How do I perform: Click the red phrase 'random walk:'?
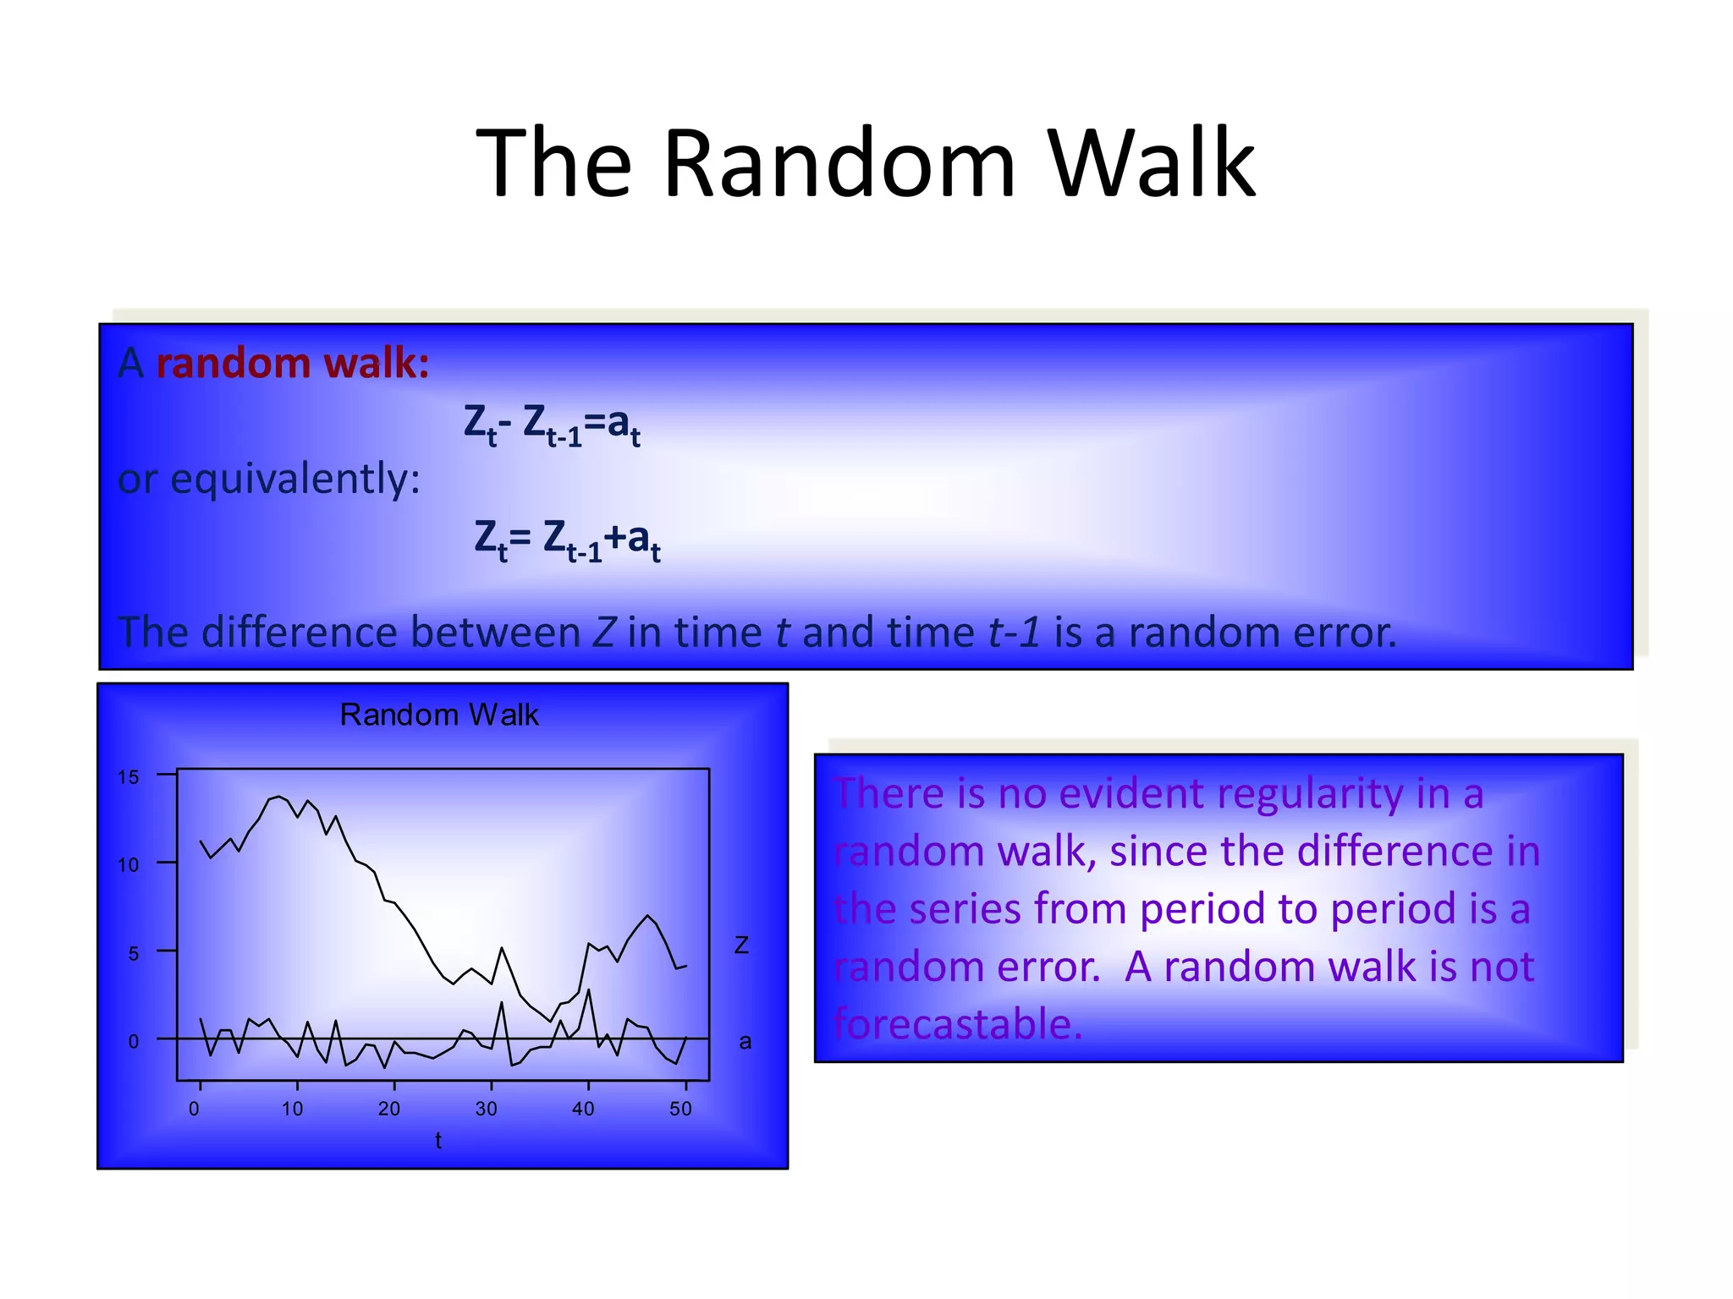(293, 364)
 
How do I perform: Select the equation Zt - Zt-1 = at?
(552, 424)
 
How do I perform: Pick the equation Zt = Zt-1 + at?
(567, 539)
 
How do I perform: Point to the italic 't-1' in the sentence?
(1014, 633)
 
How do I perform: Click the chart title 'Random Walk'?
(438, 715)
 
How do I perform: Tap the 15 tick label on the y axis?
(128, 777)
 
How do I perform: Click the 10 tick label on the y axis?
(128, 865)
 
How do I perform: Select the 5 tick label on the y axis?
(133, 954)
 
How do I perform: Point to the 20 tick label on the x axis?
(389, 1109)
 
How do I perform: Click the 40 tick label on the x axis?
(583, 1109)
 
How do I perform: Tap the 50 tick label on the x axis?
(680, 1109)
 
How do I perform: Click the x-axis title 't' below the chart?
(438, 1141)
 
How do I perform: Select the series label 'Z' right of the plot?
(741, 945)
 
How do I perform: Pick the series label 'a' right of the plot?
(745, 1042)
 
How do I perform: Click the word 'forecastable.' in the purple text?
(958, 1024)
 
